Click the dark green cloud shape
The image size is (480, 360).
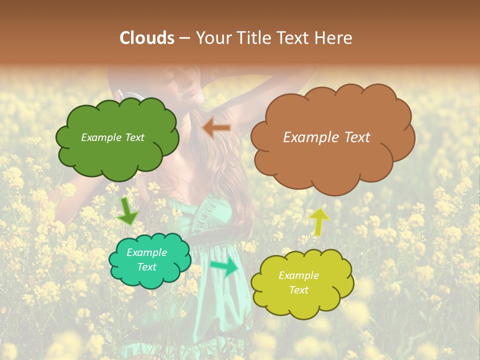[x=117, y=155]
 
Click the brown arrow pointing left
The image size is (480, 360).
[x=216, y=128]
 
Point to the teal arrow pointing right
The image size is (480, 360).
[x=224, y=267]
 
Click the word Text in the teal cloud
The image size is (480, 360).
[x=147, y=267]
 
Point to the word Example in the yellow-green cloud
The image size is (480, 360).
[x=298, y=275]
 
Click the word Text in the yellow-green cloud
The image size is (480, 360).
[x=298, y=290]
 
